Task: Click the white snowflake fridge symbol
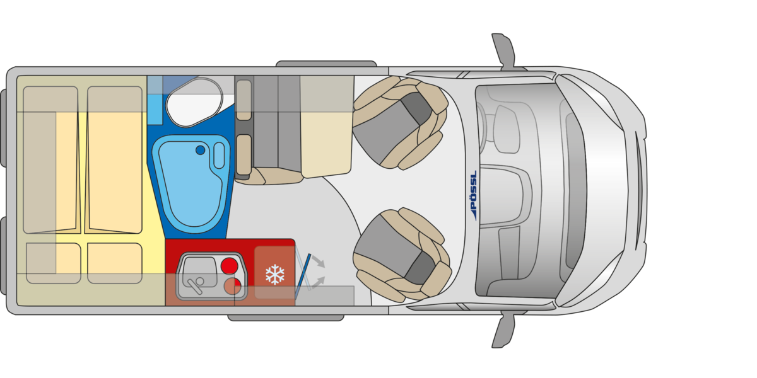pos(275,275)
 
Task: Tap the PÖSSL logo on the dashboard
pos(474,195)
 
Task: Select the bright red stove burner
pos(230,266)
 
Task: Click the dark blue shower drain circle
pos(200,150)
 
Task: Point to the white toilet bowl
pos(194,102)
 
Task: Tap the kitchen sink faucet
pos(196,285)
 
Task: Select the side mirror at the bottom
pos(504,329)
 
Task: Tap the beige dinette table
pos(327,127)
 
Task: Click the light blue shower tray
pos(191,184)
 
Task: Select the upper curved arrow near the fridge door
pos(318,261)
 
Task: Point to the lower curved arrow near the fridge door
pos(318,282)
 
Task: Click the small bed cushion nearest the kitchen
pos(115,263)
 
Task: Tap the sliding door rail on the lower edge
pos(286,318)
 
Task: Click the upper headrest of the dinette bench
pos(244,100)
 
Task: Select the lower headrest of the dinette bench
pos(244,155)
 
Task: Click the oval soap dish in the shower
pos(220,156)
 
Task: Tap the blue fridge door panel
pos(303,277)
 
